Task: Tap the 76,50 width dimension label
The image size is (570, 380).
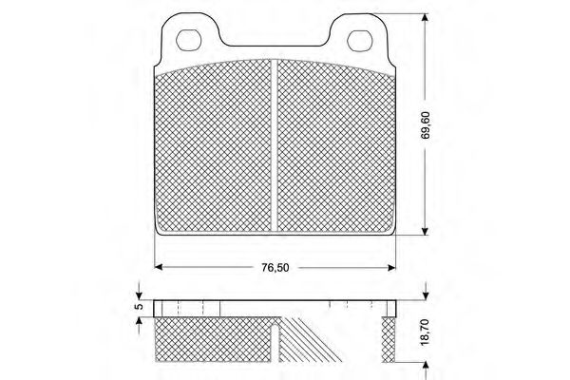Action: (275, 267)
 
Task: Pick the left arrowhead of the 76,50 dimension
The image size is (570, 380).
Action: (160, 266)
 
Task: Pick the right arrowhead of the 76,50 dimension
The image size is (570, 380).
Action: (389, 266)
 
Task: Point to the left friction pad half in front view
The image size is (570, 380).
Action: (214, 147)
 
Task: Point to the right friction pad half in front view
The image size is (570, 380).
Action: (334, 147)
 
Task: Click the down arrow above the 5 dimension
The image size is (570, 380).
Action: (139, 289)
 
